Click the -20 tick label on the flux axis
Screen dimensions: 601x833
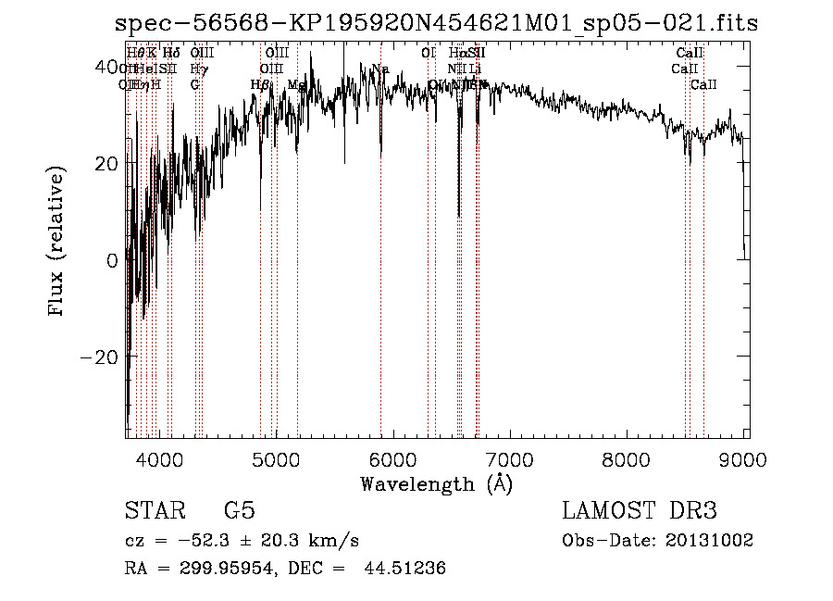tap(99, 357)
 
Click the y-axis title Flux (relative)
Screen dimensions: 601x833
tap(57, 243)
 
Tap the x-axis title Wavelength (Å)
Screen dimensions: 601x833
tap(437, 483)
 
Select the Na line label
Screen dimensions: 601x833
tap(380, 69)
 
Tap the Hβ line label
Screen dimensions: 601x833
tap(261, 84)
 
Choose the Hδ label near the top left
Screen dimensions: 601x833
tap(171, 53)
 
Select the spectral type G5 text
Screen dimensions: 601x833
tap(239, 511)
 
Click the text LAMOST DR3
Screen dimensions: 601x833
tap(639, 511)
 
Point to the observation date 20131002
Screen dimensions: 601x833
tap(708, 540)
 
